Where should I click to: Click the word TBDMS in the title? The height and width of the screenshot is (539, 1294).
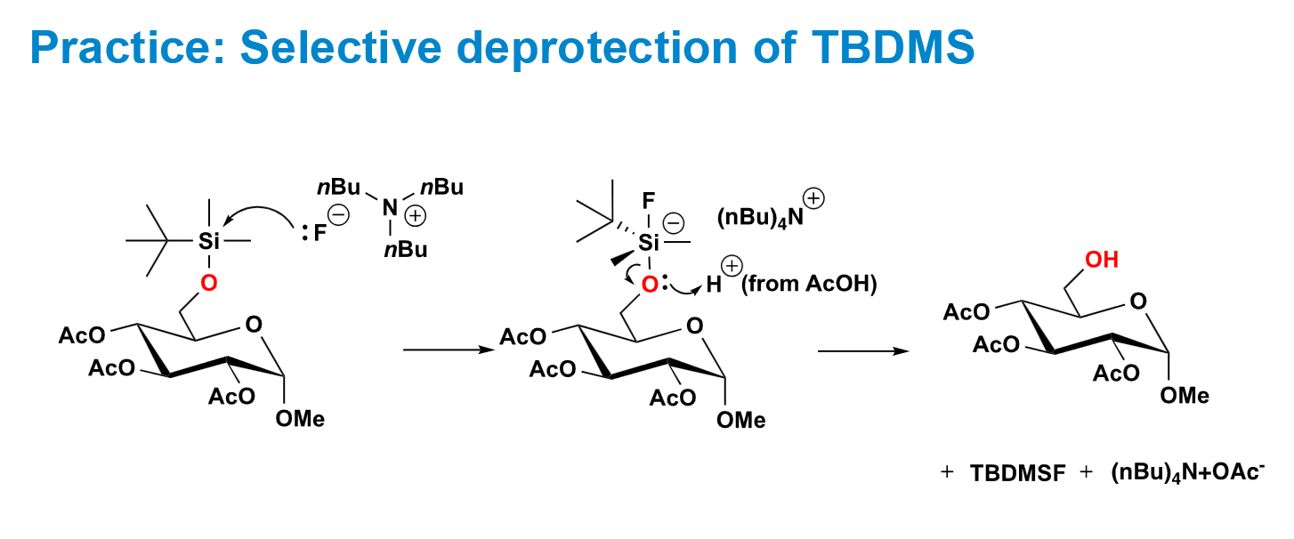coord(894,47)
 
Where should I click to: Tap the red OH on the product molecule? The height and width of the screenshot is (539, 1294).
coord(1102,260)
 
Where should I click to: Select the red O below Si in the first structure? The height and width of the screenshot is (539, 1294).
coord(208,284)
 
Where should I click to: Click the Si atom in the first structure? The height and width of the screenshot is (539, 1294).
coord(208,241)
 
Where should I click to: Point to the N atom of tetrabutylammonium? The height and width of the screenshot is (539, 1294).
coord(391,207)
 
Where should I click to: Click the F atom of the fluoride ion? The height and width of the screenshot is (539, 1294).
coord(320,234)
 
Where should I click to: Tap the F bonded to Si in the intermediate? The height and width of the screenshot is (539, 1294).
coord(649,201)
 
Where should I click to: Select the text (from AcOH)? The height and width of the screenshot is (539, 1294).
coord(809,284)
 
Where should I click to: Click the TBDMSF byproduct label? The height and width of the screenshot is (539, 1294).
coord(1017,473)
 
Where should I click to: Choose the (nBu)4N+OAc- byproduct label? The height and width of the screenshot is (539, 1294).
coord(1187,472)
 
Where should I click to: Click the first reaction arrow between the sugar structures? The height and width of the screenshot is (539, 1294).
coord(449,350)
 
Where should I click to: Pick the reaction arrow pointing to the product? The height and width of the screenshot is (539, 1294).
coord(863,350)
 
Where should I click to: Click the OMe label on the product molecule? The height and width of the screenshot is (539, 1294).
coord(1185,396)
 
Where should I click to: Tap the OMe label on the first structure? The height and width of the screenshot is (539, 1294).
coord(300,419)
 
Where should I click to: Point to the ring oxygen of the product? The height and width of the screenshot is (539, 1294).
coord(1138,302)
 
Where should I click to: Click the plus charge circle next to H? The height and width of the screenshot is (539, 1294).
coord(732,266)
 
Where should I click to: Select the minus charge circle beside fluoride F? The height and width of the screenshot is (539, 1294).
coord(339,215)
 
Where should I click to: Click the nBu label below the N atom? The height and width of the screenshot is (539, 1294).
coord(406,250)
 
